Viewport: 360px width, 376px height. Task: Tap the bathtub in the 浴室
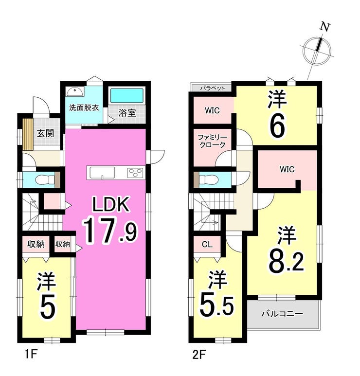click(x=127, y=95)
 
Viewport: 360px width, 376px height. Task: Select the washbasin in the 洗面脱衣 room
click(x=75, y=91)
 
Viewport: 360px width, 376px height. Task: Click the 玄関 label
click(x=45, y=133)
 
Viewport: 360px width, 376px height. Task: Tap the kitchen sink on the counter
click(x=102, y=173)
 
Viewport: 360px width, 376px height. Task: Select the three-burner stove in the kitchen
click(x=136, y=173)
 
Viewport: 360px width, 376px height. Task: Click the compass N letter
click(x=325, y=27)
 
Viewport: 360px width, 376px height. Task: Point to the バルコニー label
click(x=282, y=314)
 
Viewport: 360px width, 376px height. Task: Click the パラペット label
click(x=213, y=88)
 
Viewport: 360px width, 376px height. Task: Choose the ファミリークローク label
click(x=212, y=141)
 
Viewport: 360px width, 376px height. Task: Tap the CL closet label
click(x=207, y=244)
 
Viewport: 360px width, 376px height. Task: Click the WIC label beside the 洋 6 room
click(x=212, y=110)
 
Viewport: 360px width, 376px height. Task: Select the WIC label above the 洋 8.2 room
click(x=287, y=169)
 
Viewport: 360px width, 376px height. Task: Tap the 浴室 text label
click(x=127, y=113)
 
